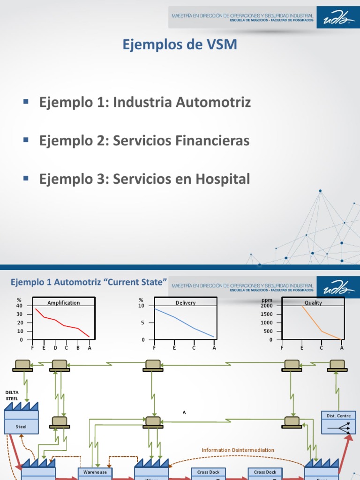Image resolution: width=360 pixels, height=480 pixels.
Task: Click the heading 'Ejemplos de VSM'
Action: pos(180,45)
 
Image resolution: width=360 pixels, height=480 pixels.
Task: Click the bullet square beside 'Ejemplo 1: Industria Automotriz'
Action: pos(26,101)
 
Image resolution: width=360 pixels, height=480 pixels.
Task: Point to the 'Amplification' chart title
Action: pos(64,303)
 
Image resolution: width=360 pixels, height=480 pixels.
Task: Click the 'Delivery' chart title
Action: pos(186,303)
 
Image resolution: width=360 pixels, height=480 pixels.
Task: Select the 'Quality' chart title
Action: pos(313,303)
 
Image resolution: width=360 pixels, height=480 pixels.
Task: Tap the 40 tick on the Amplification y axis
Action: pos(19,306)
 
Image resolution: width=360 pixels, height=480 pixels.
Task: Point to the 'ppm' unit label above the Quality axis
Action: pos(267,300)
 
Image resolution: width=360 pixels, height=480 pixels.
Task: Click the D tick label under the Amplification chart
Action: pos(55,348)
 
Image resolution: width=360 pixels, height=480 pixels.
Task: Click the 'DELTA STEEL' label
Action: pos(12,396)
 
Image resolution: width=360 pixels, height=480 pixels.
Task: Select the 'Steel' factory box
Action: pos(21,427)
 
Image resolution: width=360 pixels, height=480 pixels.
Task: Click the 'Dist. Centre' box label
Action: pos(336,416)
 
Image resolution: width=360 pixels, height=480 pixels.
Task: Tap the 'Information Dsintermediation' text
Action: pos(238,450)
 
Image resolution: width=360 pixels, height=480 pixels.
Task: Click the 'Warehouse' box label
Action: pos(95,472)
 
